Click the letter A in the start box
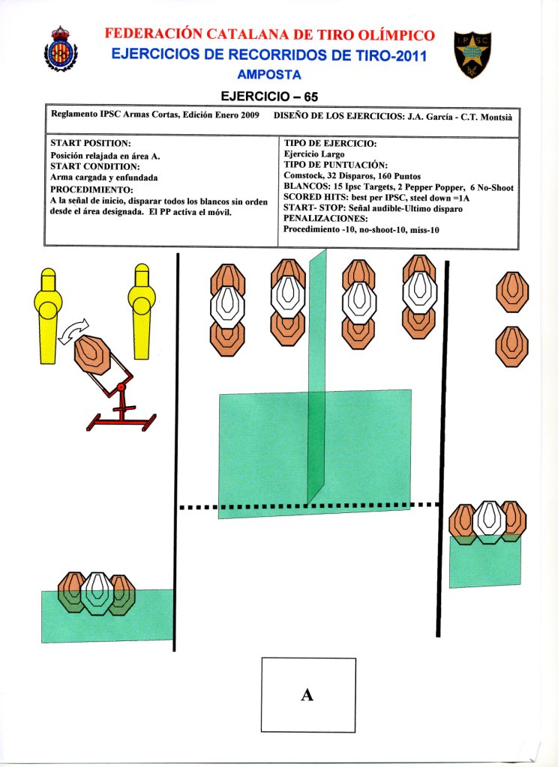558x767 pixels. pyautogui.click(x=307, y=695)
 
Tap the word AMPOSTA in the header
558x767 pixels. pyautogui.click(x=268, y=75)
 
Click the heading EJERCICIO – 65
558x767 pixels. pyautogui.click(x=268, y=97)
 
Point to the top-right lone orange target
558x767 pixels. pyautogui.click(x=512, y=291)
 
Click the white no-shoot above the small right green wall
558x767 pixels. pyautogui.click(x=490, y=521)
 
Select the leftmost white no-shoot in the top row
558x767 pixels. pyautogui.click(x=228, y=304)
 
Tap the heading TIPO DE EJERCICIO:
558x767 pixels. pyautogui.click(x=330, y=142)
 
